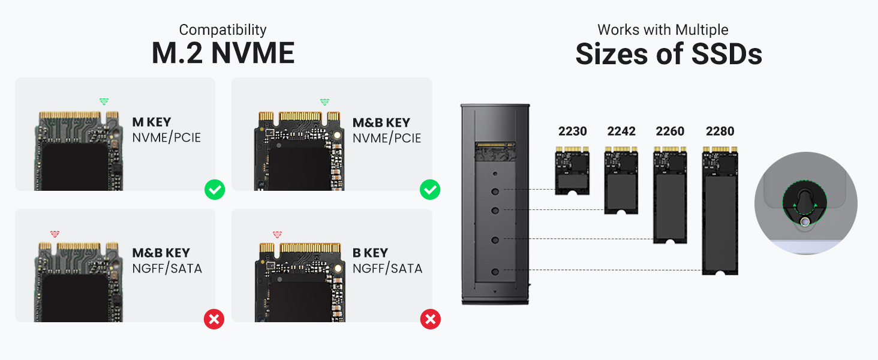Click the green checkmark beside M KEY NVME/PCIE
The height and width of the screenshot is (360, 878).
coord(214,190)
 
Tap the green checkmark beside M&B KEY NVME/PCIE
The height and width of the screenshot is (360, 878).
coord(430,190)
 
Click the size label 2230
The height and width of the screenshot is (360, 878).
coord(572,131)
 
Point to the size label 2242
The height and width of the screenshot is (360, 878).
coord(621,131)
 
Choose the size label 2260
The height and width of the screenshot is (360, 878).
coord(670,131)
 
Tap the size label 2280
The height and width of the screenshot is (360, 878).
coord(720,131)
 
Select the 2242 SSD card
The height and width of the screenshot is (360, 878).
coord(621,181)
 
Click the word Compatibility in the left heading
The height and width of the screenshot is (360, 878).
coord(222,30)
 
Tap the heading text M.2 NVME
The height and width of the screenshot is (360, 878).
coord(223,53)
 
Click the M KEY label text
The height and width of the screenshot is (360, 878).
coord(152,122)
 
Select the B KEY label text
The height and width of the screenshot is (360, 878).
coord(370,253)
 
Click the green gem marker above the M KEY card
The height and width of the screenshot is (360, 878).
coord(104,101)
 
